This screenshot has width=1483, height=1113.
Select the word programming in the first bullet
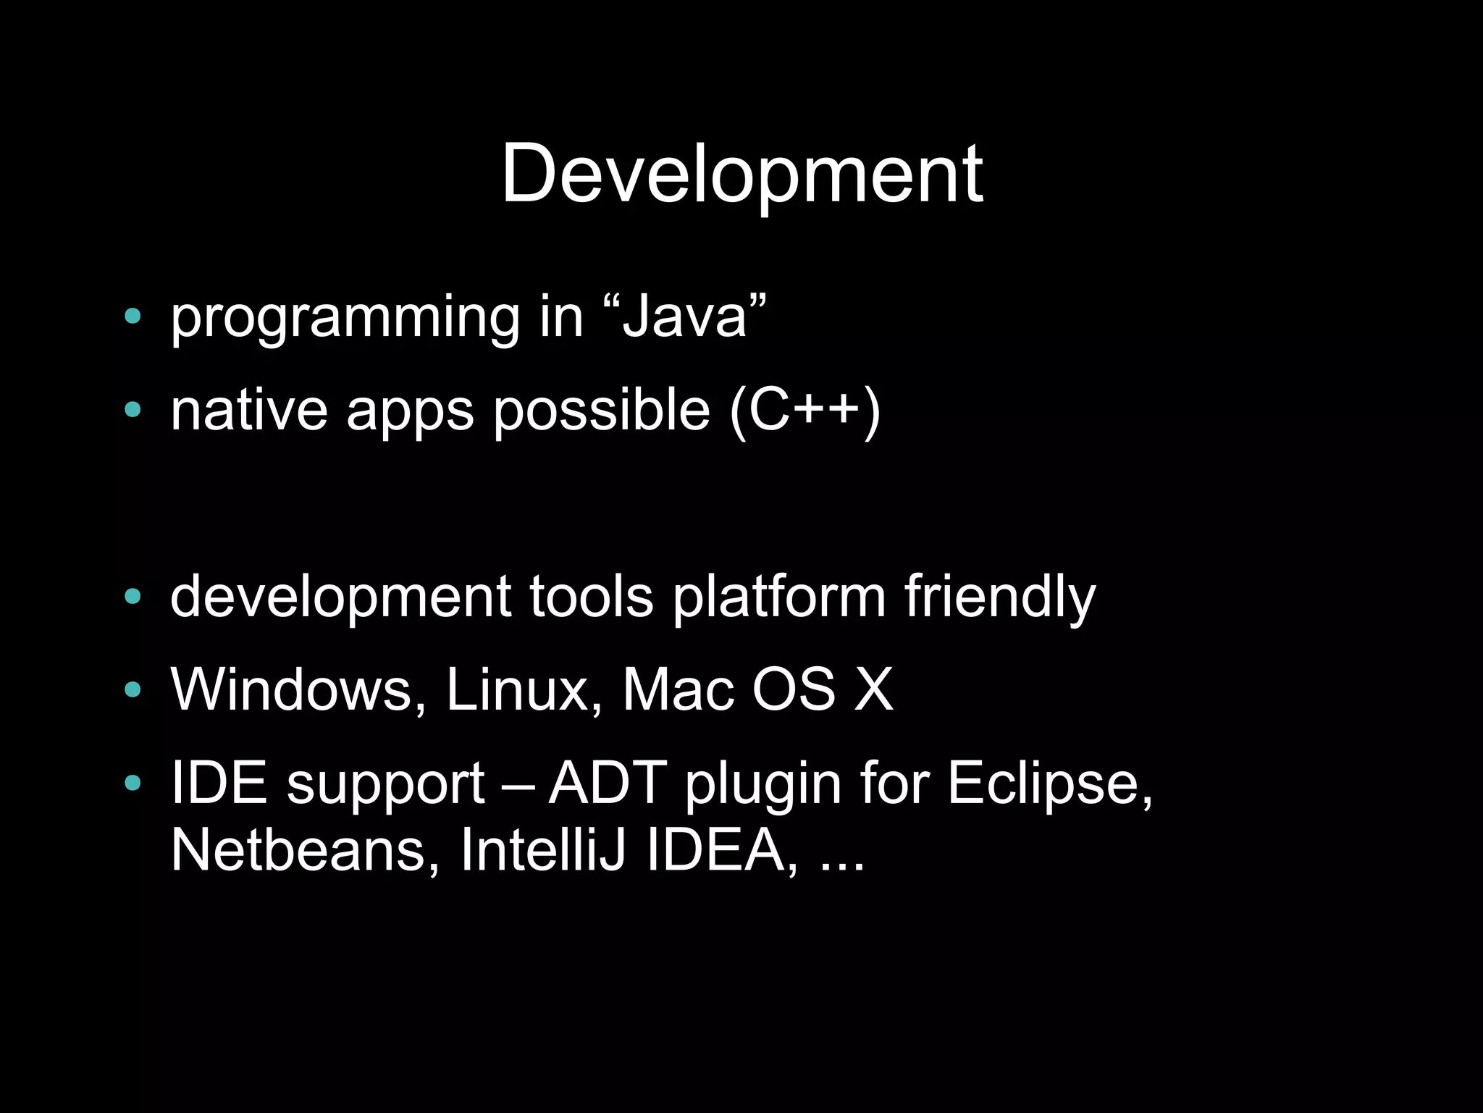click(x=345, y=319)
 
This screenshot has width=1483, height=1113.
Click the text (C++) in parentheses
click(x=804, y=411)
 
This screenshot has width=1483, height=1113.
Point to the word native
click(x=248, y=411)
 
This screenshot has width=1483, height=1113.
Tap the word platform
click(x=779, y=597)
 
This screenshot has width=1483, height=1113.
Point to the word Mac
click(x=678, y=689)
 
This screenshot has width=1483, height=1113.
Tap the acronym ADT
click(x=607, y=783)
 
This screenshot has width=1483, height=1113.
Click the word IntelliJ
click(x=542, y=850)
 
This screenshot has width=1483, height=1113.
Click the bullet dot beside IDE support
click(x=132, y=783)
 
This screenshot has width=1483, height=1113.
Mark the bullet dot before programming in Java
click(x=132, y=316)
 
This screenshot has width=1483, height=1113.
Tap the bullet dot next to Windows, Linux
click(x=132, y=689)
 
